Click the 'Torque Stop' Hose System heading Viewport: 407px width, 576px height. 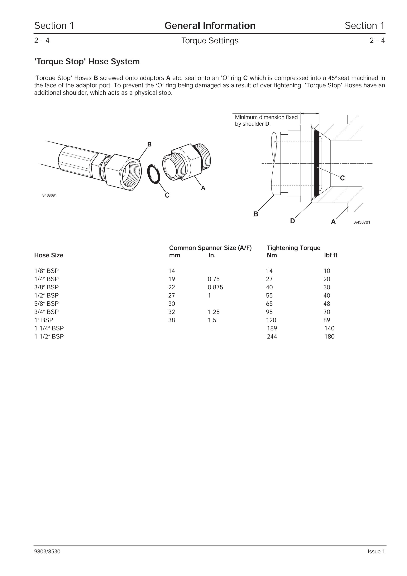pyautogui.click(x=87, y=61)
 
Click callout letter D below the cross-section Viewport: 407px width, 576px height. pyautogui.click(x=292, y=221)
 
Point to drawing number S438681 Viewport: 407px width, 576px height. pyautogui.click(x=49, y=195)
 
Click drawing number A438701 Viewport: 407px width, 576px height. pyautogui.click(x=362, y=222)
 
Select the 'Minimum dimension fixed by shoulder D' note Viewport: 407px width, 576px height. pyautogui.click(x=266, y=120)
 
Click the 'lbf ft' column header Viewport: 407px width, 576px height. pyautogui.click(x=331, y=255)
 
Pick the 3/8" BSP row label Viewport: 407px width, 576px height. pyautogui.click(x=46, y=287)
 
